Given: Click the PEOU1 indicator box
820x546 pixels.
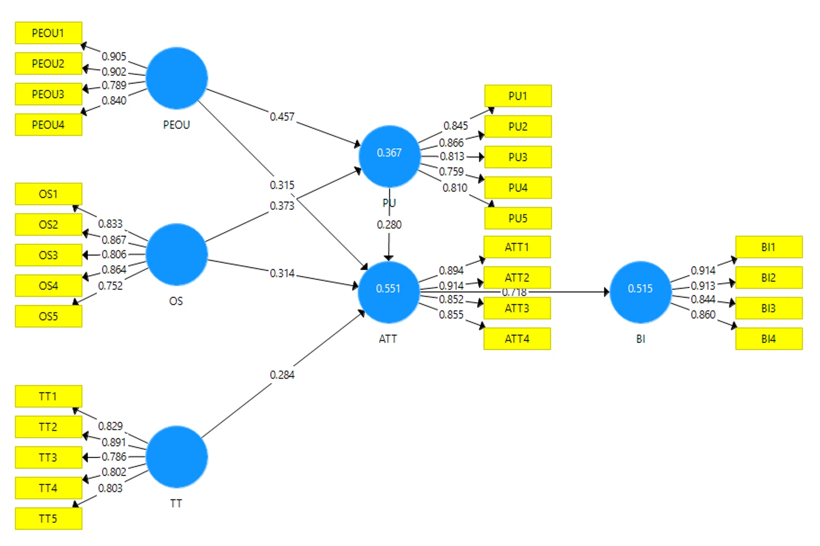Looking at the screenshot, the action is coord(49,33).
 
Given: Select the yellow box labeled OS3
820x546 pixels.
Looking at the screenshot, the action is coord(49,255).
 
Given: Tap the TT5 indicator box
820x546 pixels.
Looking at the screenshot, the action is coord(49,518).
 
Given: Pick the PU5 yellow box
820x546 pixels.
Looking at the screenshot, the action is coord(518,218).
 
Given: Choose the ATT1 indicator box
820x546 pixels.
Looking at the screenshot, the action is coord(517,247).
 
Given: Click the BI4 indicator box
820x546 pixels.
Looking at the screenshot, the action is coord(769,339).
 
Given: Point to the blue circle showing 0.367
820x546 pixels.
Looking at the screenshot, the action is coord(390,156).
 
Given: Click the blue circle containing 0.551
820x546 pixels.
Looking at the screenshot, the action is coord(388,292).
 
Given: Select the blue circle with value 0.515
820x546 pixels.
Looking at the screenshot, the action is coord(640,292).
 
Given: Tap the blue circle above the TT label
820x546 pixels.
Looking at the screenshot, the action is coord(177,457).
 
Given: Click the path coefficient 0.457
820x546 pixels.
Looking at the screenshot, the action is coord(282,117).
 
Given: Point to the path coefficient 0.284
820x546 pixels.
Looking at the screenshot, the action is coord(282,375).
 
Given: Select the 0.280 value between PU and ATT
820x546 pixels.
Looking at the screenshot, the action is coord(389,225).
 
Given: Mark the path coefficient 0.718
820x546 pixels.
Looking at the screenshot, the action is coord(514,292).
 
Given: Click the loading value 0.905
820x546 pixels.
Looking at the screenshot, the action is coord(114,56).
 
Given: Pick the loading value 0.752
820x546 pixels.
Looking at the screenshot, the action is coord(110,286).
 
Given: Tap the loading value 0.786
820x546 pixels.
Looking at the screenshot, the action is coord(114,457).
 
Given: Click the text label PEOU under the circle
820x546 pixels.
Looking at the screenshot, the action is coord(177,125).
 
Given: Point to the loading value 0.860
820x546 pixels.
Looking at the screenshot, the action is coord(703,314).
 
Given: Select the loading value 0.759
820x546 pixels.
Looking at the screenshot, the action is coord(451,171).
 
